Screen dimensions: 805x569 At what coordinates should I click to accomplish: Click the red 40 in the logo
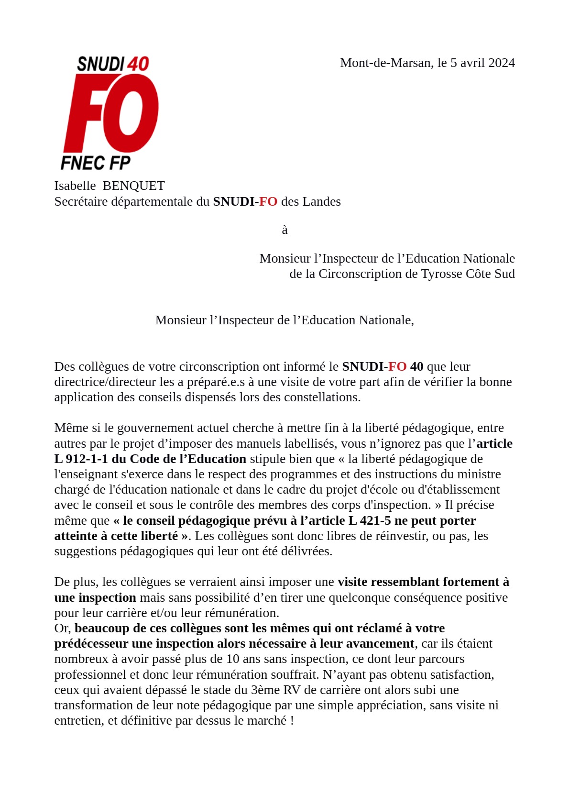pyautogui.click(x=138, y=64)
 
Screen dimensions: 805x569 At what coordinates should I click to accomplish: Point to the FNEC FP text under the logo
pyautogui.click(x=96, y=163)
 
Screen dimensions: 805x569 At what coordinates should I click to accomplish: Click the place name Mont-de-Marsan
pyautogui.click(x=385, y=63)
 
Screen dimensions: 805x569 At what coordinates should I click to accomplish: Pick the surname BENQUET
pyautogui.click(x=134, y=186)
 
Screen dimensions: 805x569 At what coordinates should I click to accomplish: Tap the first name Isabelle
pyautogui.click(x=75, y=186)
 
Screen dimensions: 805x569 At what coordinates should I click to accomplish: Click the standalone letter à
pyautogui.click(x=284, y=230)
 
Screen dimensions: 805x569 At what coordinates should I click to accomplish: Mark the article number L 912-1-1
pyautogui.click(x=81, y=459)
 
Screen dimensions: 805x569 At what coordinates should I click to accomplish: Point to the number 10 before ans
pyautogui.click(x=232, y=659)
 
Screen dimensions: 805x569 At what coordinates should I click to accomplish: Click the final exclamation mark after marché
pyautogui.click(x=292, y=720)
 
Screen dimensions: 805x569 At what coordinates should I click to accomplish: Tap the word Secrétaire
pyautogui.click(x=81, y=201)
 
